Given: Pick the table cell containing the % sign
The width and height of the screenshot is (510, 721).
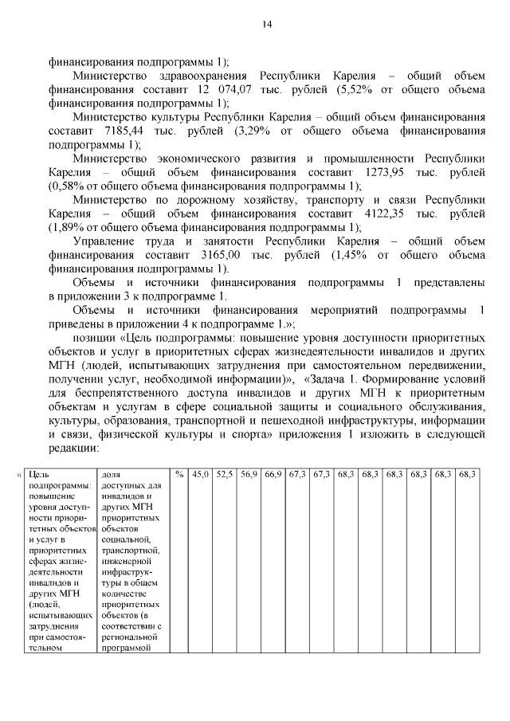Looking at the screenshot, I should click(180, 475).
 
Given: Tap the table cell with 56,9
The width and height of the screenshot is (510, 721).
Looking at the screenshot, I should click(249, 475).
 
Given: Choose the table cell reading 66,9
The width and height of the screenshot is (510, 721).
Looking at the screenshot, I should click(273, 475).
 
